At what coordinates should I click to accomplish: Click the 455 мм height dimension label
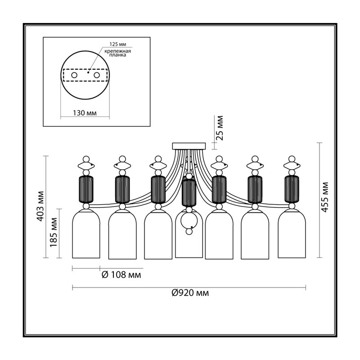click(325, 200)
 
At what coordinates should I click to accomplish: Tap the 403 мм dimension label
click(41, 206)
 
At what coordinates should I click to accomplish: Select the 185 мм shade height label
click(54, 232)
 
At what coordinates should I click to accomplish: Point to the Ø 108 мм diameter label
click(121, 274)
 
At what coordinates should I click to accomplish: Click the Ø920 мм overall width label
click(190, 293)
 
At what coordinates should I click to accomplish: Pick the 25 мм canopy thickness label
click(220, 128)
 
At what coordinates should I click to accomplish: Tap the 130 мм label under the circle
click(85, 113)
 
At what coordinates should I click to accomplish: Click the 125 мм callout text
click(118, 44)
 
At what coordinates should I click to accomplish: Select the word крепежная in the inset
click(118, 51)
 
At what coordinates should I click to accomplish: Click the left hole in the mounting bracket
click(74, 75)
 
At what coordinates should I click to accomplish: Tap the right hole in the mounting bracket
click(97, 75)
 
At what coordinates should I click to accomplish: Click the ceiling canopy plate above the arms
click(189, 146)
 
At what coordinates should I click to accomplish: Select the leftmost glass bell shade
click(86, 234)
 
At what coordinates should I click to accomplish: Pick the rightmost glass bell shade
click(292, 234)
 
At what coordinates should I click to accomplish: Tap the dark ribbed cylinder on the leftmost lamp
click(86, 189)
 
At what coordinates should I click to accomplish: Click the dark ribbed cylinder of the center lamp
click(189, 193)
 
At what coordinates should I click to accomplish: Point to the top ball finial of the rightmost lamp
click(292, 159)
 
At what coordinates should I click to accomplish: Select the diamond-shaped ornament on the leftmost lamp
click(86, 166)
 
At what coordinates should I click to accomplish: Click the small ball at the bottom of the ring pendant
click(189, 232)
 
